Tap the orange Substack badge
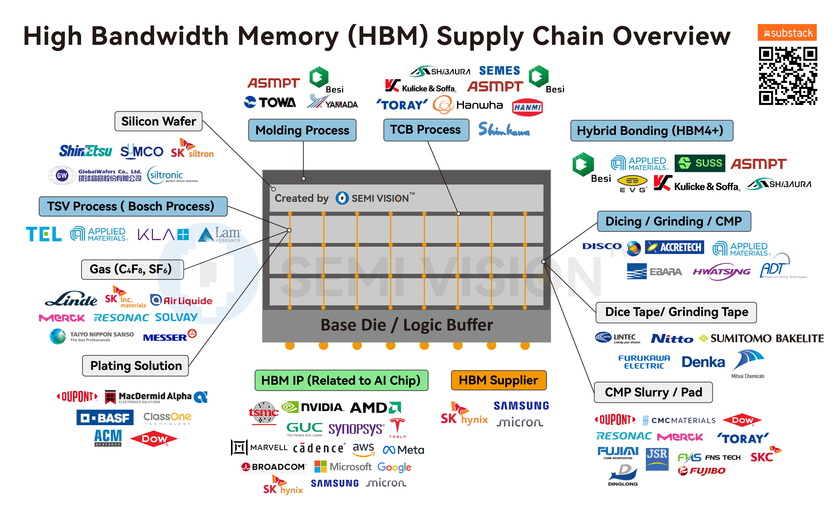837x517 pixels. (787, 33)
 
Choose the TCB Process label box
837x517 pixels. (426, 130)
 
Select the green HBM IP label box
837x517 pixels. (341, 380)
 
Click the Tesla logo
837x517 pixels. (397, 427)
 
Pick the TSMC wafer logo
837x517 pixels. (263, 413)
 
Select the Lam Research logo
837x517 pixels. (219, 235)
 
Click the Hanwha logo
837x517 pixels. (468, 105)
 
